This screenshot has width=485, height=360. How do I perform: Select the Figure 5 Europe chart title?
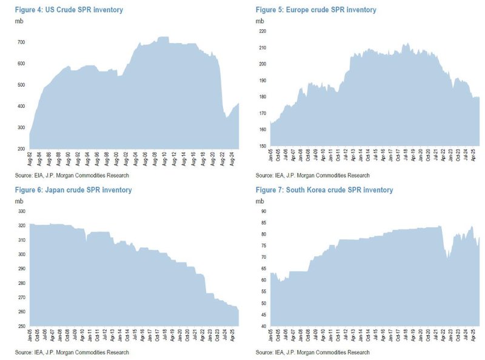point(316,10)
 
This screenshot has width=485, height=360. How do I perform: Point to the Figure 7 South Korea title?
point(324,190)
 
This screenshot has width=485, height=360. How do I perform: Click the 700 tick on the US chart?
point(21,42)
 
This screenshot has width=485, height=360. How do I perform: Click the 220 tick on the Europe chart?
point(263,31)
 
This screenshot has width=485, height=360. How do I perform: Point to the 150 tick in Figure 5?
point(263,147)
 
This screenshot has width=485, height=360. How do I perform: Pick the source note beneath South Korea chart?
point(312,352)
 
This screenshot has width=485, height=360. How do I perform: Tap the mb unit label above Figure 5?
point(259,21)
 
